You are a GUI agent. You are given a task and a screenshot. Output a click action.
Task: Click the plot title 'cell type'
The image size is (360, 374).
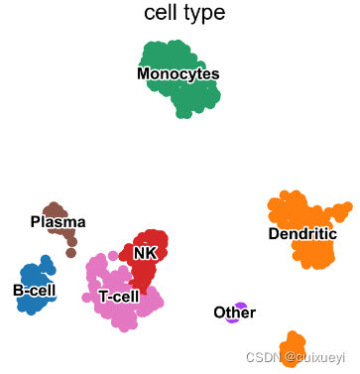tap(183, 13)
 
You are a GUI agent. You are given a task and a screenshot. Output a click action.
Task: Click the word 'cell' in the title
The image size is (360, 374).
tap(162, 13)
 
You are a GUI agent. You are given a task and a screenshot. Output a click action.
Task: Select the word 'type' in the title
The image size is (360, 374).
tap(204, 14)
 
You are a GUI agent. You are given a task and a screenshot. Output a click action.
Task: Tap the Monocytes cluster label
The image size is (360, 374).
tap(179, 74)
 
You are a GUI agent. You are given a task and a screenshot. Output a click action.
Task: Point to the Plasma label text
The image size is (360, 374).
tap(58, 221)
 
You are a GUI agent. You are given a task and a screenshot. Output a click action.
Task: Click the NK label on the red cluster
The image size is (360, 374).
tap(146, 253)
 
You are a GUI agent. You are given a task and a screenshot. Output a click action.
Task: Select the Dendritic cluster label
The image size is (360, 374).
tap(302, 234)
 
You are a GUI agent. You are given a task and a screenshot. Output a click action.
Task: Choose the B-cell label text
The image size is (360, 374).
tap(35, 290)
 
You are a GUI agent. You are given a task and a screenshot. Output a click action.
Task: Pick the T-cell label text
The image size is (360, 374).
tap(119, 297)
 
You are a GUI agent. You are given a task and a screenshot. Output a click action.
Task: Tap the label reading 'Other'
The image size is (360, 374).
tap(234, 313)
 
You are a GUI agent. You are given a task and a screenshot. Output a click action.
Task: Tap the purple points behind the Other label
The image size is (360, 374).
tap(240, 306)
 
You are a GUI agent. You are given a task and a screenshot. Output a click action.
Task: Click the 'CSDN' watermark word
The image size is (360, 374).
tap(263, 355)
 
